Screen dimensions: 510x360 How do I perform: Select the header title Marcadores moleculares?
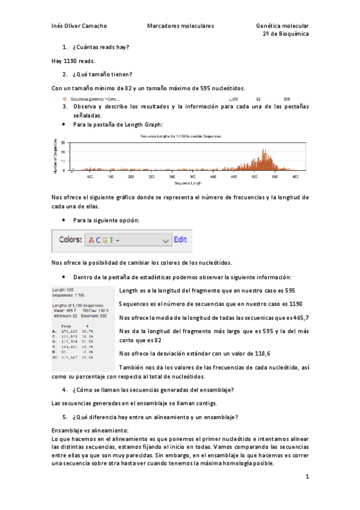point(180,26)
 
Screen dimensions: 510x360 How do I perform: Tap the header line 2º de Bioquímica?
point(286,35)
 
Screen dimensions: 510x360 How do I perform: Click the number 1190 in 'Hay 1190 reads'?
point(70,61)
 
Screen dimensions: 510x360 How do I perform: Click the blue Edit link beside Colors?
point(180,239)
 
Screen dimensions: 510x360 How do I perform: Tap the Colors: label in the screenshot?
point(70,239)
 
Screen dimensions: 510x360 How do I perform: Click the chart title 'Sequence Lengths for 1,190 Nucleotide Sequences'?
point(180,137)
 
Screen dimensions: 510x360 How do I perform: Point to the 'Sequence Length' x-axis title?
point(181,183)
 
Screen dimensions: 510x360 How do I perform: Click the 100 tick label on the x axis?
point(90,177)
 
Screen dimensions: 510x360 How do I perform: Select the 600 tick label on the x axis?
point(295,177)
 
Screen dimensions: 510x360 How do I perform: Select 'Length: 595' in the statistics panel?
point(63,290)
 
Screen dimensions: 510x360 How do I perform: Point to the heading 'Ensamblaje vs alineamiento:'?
point(90,431)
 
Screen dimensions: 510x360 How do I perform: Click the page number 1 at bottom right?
point(307,477)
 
